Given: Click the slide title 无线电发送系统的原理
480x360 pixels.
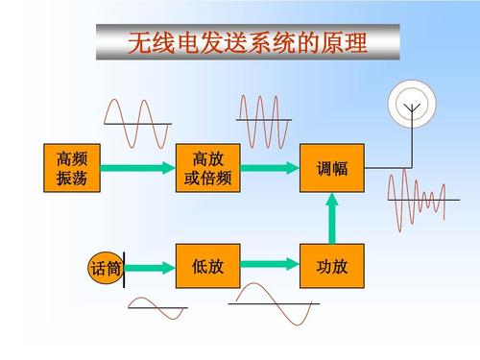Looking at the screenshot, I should tap(248, 42).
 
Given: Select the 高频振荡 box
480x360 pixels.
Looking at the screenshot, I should tap(71, 168).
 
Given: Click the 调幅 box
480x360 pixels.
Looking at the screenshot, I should tap(332, 168).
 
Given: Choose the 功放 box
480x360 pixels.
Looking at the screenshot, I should tap(332, 266).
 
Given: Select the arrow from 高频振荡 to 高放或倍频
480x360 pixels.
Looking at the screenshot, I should tap(136, 168).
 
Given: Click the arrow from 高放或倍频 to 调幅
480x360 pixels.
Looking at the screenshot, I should tap(270, 168).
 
